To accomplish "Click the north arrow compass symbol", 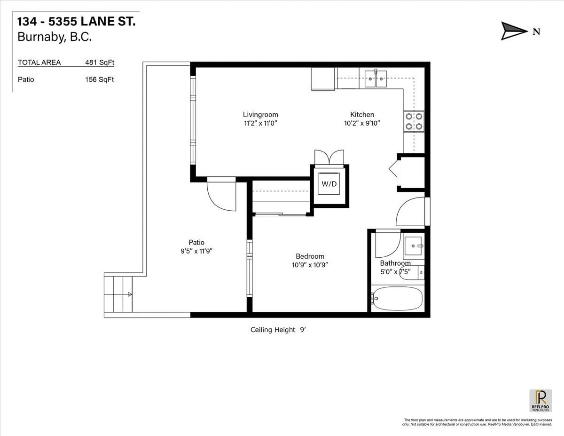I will coord(514,31).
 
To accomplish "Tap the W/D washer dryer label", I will coord(329,184).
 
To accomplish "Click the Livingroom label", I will coord(260,114).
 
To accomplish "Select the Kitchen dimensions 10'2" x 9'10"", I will coord(362,123).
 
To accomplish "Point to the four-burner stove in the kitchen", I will coord(414,121).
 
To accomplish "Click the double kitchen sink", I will coord(376,79).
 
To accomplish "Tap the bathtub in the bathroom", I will coord(398,298).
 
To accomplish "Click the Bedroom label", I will coord(310,256).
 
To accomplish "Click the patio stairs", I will coord(118,294).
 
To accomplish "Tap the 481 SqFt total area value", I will coord(100,62).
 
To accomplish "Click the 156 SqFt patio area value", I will coord(100,79).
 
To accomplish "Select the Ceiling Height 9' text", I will coord(278,330).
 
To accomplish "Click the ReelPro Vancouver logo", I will coord(540,400).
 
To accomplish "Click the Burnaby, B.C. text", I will coord(54,37).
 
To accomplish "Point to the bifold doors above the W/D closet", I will coord(329,157).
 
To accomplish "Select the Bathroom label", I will coord(395,263).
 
